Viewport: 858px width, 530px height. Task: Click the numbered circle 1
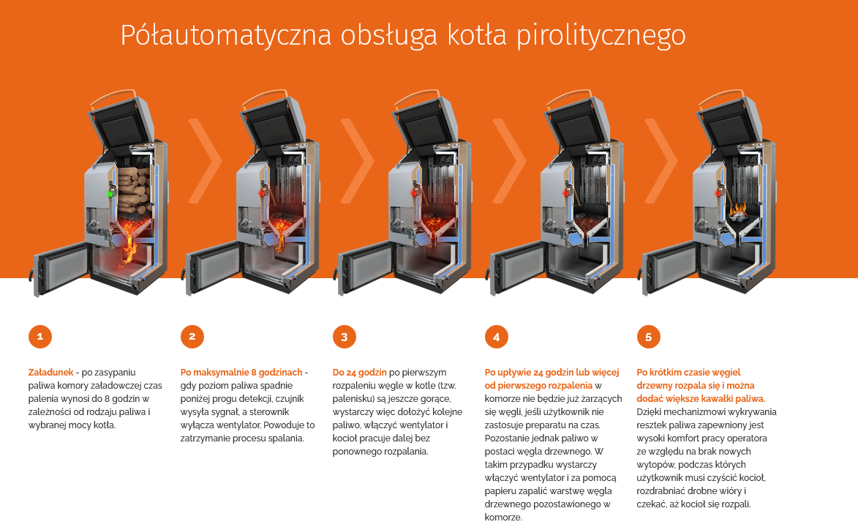coord(40,337)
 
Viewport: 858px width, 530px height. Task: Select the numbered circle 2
coord(192,337)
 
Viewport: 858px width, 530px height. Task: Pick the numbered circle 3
coord(345,337)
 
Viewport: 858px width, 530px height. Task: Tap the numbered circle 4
coord(497,337)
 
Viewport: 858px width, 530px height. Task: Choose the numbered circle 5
coord(649,337)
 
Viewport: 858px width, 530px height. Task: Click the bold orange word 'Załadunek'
coord(50,372)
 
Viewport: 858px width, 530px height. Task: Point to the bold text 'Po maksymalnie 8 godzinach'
coord(241,372)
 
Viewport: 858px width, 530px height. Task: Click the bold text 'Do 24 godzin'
coord(359,372)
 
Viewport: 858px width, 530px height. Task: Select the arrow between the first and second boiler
coord(205,161)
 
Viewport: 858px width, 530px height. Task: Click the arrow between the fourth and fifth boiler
coord(661,161)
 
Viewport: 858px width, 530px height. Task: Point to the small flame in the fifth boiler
coord(740,212)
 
